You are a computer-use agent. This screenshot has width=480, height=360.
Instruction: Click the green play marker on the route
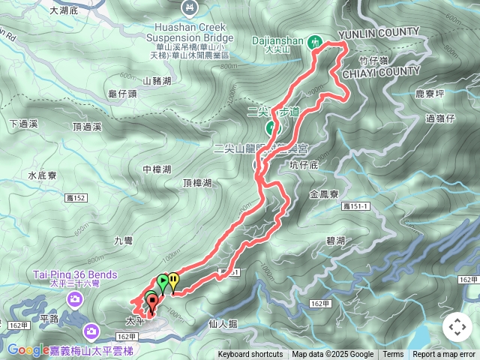point(163,282)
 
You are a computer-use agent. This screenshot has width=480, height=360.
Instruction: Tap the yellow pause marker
point(173,280)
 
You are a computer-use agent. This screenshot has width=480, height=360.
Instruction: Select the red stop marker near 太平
point(153,303)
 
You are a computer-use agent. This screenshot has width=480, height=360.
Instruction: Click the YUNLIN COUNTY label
point(378,32)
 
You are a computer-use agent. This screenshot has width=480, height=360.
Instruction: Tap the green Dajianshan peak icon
point(316,43)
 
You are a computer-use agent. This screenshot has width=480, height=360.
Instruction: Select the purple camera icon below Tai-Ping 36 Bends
point(91,330)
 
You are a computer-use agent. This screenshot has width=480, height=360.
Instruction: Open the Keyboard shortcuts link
point(250,355)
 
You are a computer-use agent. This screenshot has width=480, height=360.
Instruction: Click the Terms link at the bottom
point(393,355)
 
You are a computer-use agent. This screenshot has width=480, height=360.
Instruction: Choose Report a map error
point(444,355)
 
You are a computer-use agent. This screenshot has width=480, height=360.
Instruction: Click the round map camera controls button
point(457,327)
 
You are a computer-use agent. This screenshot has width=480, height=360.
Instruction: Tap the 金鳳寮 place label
point(323,193)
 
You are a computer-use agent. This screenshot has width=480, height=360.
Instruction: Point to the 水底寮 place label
point(43,175)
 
